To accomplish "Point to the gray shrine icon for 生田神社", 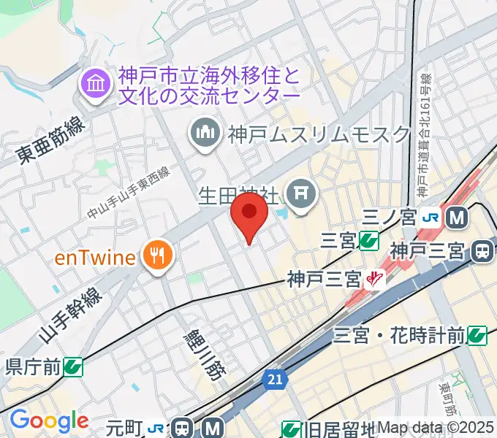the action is (x=300, y=193).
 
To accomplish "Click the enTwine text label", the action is (x=95, y=257).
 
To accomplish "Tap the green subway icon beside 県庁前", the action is (x=72, y=366).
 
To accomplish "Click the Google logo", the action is (x=49, y=420).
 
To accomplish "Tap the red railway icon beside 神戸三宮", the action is (x=376, y=278).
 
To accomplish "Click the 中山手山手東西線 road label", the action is (x=129, y=192).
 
